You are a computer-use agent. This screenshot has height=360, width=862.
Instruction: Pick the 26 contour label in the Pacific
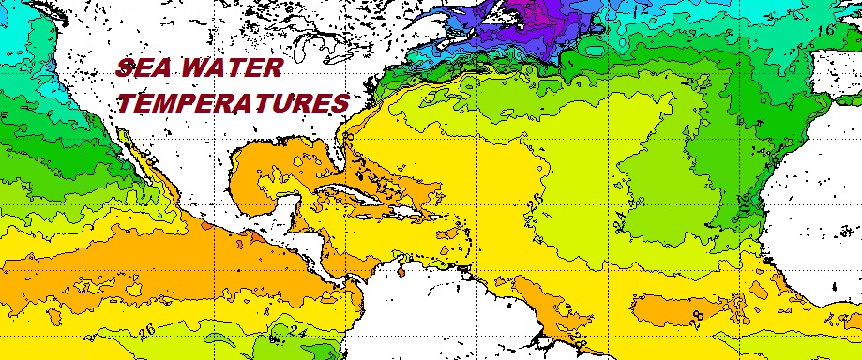point(144,330)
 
